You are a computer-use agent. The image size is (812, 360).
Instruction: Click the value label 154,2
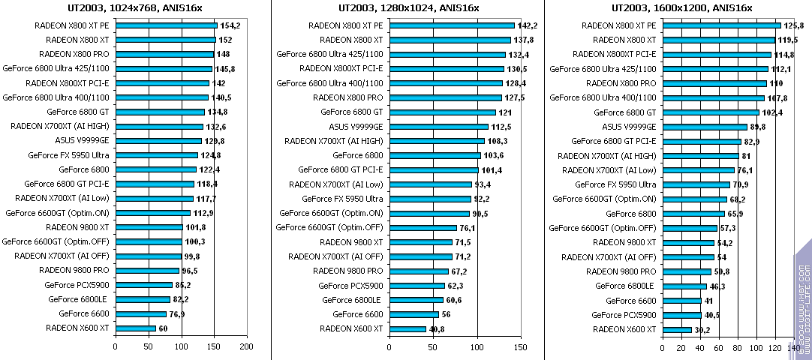pyautogui.click(x=229, y=25)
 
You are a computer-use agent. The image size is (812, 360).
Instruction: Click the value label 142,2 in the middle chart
pyautogui.click(x=527, y=25)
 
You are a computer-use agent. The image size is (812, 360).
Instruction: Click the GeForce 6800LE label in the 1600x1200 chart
pyautogui.click(x=625, y=286)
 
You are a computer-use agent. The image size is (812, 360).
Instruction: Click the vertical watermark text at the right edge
pyautogui.click(x=802, y=300)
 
